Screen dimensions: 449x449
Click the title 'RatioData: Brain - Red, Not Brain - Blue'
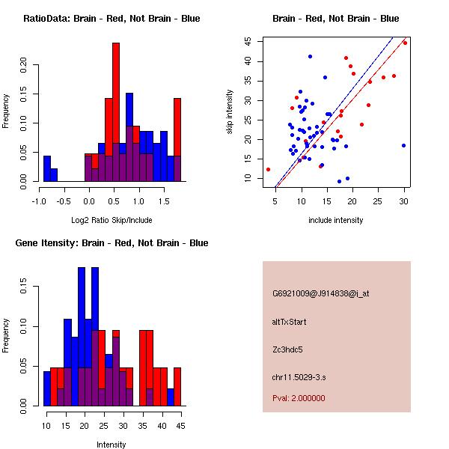(x=112, y=19)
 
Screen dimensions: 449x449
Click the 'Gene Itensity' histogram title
(x=112, y=243)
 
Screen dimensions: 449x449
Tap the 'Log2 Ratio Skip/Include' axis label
(x=112, y=220)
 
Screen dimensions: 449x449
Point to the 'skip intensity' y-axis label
(x=230, y=112)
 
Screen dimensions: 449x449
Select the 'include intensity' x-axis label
(x=336, y=220)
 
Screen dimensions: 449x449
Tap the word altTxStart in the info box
(x=290, y=322)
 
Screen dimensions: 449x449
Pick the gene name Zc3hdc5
(x=288, y=349)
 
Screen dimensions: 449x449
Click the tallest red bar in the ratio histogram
(x=116, y=112)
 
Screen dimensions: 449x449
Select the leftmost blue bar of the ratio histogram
(x=47, y=168)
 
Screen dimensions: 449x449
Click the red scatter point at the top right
(x=405, y=43)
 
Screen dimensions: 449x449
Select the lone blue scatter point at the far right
(x=403, y=146)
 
